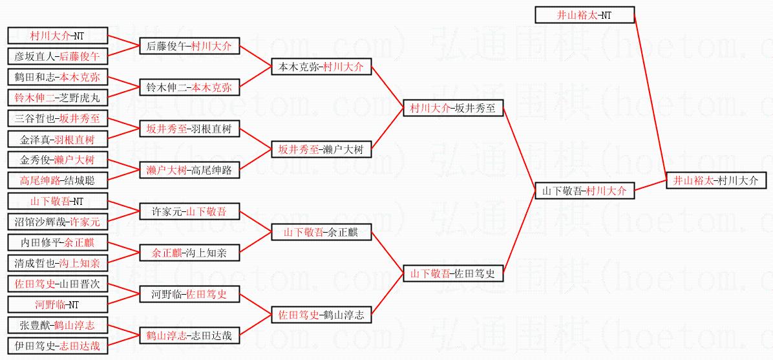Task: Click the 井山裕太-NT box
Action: (x=584, y=15)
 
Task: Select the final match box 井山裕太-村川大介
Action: (x=715, y=180)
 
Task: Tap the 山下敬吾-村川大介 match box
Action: (x=584, y=191)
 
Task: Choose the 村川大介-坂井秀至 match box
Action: (x=452, y=108)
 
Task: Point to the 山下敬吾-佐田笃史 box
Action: (x=452, y=273)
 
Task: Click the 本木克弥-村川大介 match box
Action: (x=321, y=67)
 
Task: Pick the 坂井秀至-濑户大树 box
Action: (x=321, y=149)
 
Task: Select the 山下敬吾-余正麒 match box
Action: (x=321, y=232)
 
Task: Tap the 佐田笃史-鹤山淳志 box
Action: (x=321, y=315)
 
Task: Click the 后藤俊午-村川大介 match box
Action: (x=189, y=46)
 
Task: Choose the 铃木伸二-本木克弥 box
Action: (x=189, y=87)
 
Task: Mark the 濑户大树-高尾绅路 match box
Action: (x=189, y=170)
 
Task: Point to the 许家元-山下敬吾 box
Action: (x=189, y=211)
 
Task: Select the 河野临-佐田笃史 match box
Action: (x=189, y=294)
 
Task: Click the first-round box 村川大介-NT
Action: (x=58, y=36)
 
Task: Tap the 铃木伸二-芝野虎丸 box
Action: (x=58, y=98)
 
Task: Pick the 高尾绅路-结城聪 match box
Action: (x=58, y=180)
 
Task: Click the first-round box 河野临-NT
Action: (x=58, y=304)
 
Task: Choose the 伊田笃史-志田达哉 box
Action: (x=58, y=346)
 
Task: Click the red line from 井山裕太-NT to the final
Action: (x=651, y=97)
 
